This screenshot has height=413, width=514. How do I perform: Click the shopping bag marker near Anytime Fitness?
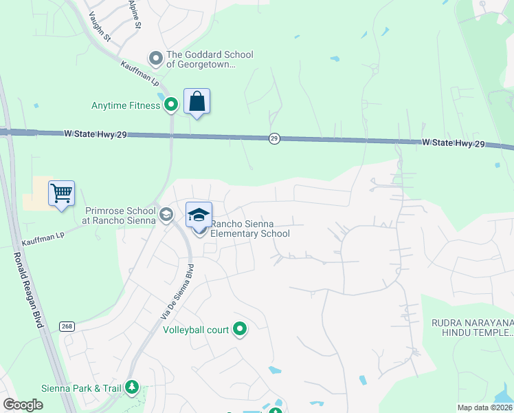click(197, 102)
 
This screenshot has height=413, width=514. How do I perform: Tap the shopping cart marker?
click(61, 193)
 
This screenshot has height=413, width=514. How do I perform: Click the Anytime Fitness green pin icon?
click(171, 105)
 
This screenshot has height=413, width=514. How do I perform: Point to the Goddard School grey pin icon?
click(156, 59)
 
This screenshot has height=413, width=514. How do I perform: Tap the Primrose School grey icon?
click(166, 215)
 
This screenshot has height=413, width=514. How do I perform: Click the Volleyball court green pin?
click(240, 330)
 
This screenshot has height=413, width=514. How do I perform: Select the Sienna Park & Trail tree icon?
click(131, 388)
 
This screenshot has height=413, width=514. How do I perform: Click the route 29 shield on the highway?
click(274, 139)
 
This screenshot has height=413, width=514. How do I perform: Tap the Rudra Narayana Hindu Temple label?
click(472, 328)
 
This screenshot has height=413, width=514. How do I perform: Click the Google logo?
click(23, 405)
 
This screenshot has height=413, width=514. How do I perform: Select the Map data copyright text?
click(485, 407)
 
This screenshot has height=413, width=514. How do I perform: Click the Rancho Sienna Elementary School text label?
click(249, 229)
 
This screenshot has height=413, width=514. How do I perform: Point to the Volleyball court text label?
click(196, 330)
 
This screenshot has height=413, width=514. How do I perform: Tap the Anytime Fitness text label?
click(126, 105)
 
